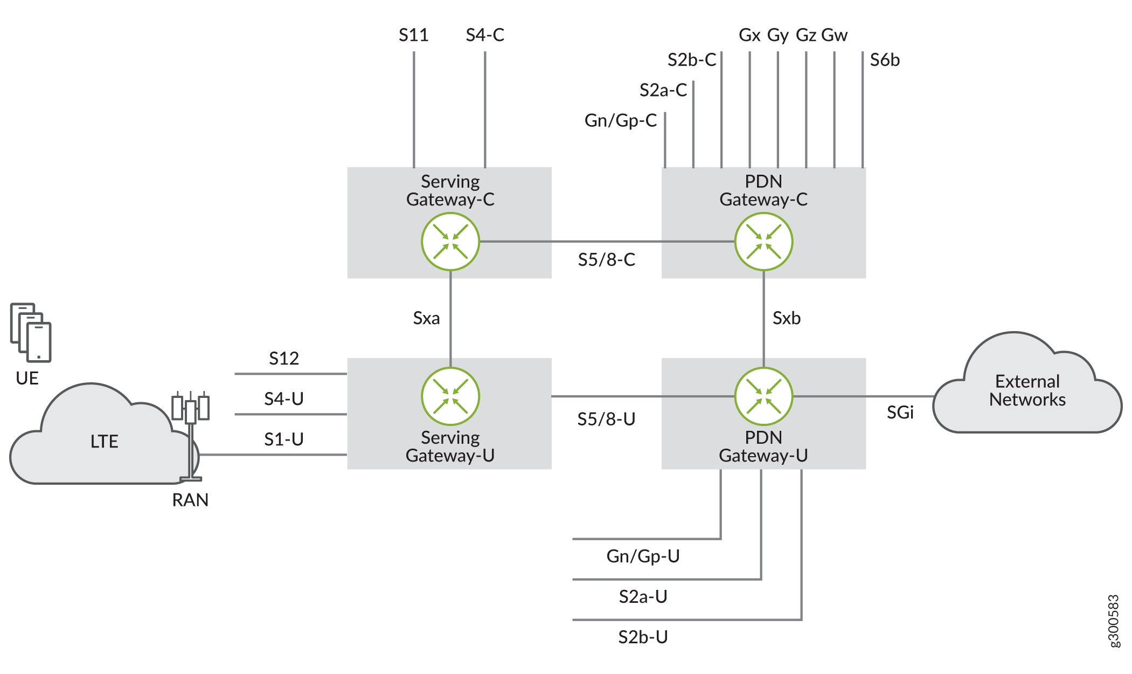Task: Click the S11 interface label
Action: (x=413, y=35)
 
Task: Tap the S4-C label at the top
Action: (x=485, y=35)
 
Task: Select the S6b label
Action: (x=885, y=60)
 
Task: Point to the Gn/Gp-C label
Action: (x=621, y=120)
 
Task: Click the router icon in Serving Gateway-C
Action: (x=450, y=242)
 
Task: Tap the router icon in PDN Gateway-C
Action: (x=763, y=242)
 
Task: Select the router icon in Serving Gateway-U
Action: (x=450, y=396)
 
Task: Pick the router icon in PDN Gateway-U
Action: (x=763, y=396)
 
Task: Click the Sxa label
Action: (x=426, y=318)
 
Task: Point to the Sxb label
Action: (x=786, y=318)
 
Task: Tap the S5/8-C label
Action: (x=606, y=260)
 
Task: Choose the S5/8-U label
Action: (x=606, y=419)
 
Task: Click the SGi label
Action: (x=900, y=412)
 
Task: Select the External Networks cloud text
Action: (x=1027, y=390)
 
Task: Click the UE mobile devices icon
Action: (x=31, y=332)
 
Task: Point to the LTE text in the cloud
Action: (x=104, y=442)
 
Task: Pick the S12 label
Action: (x=284, y=359)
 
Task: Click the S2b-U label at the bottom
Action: (x=643, y=637)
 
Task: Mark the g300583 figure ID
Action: (x=1113, y=621)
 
